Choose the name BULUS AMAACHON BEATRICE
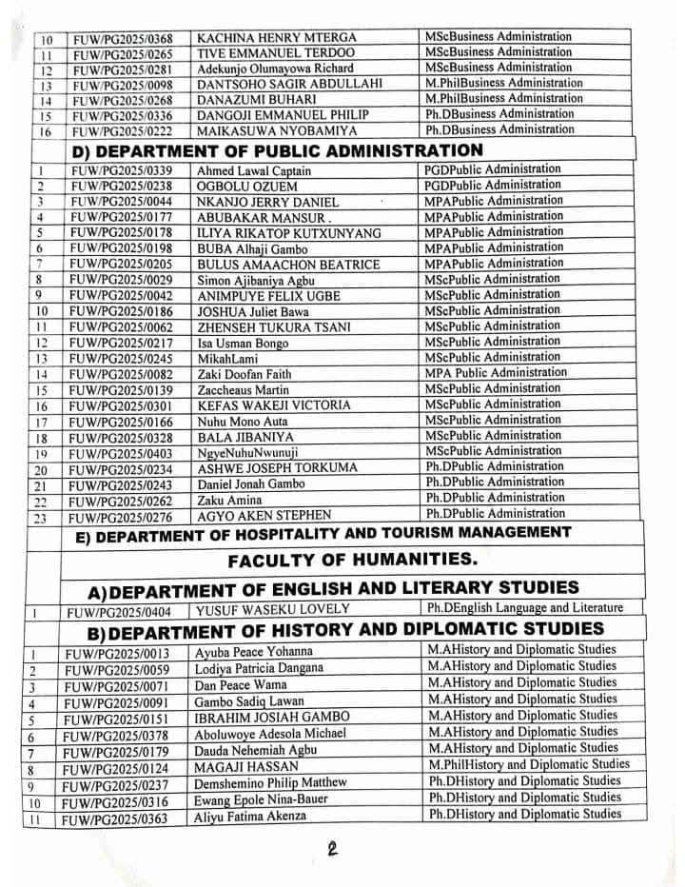point(287,265)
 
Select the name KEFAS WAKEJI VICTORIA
point(273,405)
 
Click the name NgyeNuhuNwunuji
point(246,452)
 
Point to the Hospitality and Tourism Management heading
point(323,533)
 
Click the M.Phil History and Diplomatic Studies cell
point(528,763)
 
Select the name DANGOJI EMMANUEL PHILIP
point(267,115)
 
